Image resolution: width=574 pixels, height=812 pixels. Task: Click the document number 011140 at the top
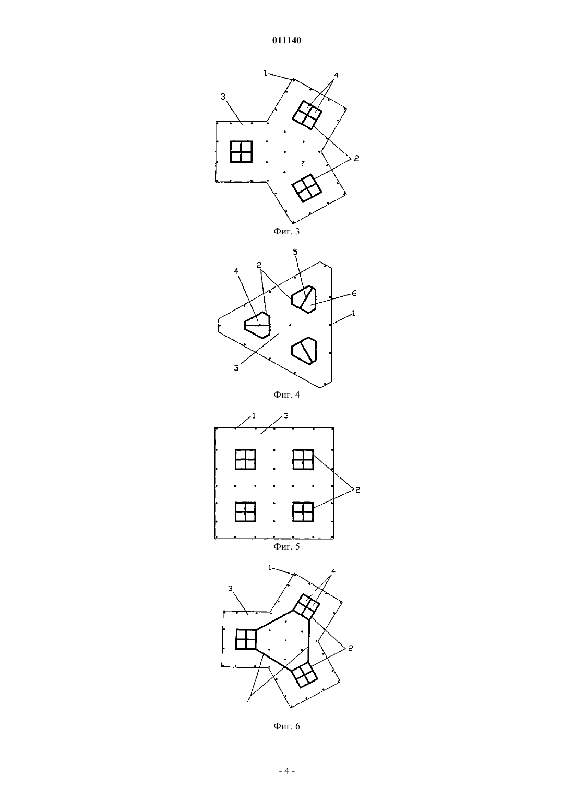[x=286, y=41]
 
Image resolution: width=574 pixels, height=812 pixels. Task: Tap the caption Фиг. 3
[x=286, y=231]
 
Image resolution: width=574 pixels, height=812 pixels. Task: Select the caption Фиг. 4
[x=286, y=395]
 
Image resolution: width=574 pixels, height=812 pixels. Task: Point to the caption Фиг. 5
[x=286, y=547]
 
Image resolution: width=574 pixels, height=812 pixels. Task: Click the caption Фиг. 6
[x=286, y=726]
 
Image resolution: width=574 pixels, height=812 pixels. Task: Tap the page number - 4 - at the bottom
[x=286, y=771]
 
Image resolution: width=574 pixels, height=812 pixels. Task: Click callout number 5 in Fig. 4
[x=295, y=252]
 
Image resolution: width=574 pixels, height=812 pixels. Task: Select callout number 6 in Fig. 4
[x=354, y=293]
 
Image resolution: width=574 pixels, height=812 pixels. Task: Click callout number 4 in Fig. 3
[x=336, y=75]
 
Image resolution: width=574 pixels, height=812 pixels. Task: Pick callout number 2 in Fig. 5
[x=357, y=490]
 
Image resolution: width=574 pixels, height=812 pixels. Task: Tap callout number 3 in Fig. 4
[x=236, y=368]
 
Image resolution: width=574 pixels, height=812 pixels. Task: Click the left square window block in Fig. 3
[x=241, y=152]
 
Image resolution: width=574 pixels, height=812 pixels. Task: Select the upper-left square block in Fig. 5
[x=245, y=460]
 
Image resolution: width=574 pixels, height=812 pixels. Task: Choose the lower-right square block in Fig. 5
[x=303, y=512]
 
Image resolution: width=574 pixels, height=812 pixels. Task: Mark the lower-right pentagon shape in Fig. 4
[x=304, y=351]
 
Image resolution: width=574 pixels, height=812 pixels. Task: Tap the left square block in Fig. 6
[x=246, y=639]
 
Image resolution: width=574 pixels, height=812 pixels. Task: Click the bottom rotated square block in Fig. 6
[x=305, y=674]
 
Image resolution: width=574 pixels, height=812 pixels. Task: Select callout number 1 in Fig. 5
[x=254, y=416]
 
